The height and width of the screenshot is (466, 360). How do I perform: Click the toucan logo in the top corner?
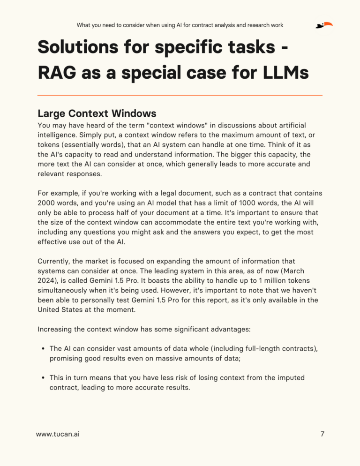click(324, 25)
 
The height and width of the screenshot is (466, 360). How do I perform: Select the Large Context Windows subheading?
click(97, 113)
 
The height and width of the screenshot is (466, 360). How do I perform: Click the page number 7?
click(322, 434)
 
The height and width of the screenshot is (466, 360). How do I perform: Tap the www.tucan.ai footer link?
click(58, 434)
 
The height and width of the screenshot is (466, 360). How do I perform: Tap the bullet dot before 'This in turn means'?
click(43, 378)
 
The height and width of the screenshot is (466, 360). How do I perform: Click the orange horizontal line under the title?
click(180, 95)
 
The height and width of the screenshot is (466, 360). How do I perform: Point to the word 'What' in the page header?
click(85, 25)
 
